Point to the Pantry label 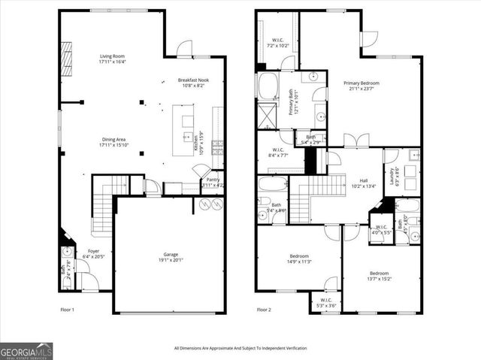pyautogui.click(x=213, y=180)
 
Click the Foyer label pyautogui.click(x=93, y=251)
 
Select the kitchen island pyautogui.click(x=186, y=124)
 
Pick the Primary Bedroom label pyautogui.click(x=362, y=83)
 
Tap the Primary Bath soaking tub pyautogui.click(x=268, y=86)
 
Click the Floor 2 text pyautogui.click(x=265, y=310)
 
